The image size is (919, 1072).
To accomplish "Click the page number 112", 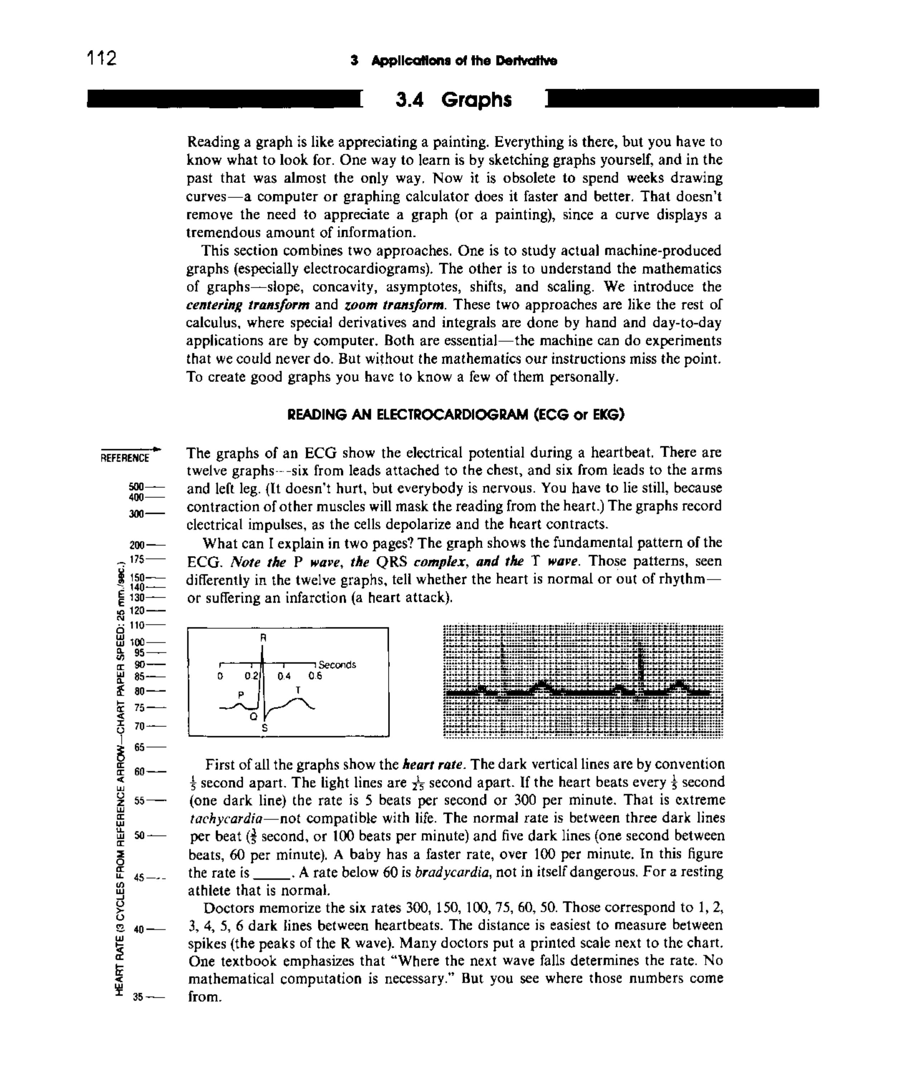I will (102, 58).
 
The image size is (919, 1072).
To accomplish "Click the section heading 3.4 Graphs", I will (453, 100).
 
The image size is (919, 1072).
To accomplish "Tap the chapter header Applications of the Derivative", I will (454, 61).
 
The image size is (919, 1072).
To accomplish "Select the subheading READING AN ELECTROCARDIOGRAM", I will (455, 414).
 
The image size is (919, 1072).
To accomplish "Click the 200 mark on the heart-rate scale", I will (137, 545).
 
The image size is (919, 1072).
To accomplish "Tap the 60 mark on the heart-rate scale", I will (138, 771).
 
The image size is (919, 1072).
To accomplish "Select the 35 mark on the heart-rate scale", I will (137, 997).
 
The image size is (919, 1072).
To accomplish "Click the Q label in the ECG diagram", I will (253, 717).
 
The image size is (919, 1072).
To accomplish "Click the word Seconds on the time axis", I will (337, 665).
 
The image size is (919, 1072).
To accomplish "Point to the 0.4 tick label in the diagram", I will (284, 676).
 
